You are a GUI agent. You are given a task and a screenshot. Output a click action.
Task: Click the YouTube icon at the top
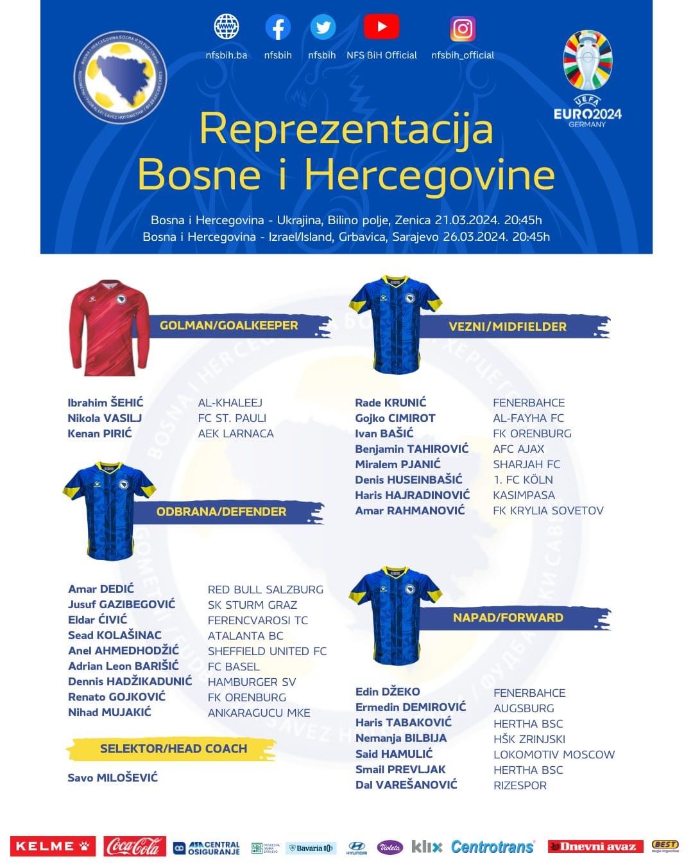pos(381,28)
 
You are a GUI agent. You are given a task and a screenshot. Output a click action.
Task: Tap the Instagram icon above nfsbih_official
pos(463,29)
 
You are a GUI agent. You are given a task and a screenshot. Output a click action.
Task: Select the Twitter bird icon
pos(323,28)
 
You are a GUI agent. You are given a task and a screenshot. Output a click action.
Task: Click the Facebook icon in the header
pos(278,28)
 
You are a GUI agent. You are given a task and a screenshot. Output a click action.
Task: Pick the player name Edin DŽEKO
pos(388,692)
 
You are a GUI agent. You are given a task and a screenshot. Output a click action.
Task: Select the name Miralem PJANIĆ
pos(398,464)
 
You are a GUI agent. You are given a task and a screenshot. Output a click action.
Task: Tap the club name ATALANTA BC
pos(245,636)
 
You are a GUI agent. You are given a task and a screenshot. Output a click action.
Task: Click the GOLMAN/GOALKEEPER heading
pos(229,326)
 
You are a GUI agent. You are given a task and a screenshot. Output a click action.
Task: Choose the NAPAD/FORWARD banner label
pos(508,618)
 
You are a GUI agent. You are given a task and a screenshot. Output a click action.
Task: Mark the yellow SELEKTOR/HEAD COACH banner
pos(173,749)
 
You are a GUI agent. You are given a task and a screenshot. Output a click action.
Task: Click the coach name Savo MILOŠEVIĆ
pos(112,778)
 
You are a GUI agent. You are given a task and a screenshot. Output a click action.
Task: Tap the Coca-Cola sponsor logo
pos(135,846)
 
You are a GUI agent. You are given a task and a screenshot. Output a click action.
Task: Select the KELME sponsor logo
pos(53,846)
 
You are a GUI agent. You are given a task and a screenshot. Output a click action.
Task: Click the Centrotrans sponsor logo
pos(492,846)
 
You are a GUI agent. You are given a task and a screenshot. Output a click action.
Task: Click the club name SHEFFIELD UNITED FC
pos(267,651)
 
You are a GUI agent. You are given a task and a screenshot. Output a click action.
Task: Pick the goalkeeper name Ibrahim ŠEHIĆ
pos(105,403)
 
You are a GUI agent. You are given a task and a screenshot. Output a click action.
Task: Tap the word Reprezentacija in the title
pos(346,129)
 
